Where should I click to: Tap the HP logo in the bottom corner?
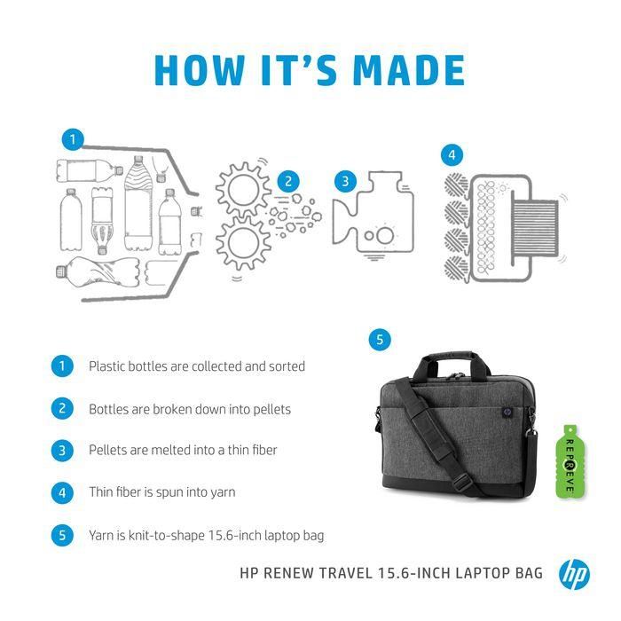coord(574,573)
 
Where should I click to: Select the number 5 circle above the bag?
coord(381,339)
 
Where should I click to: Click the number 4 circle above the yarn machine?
coord(452,155)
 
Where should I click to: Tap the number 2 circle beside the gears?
coord(287,182)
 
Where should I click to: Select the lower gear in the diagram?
coord(243,241)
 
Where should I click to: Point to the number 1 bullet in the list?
coord(62,366)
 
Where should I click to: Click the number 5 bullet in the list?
coord(62,535)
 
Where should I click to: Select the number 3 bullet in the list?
coord(62,451)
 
